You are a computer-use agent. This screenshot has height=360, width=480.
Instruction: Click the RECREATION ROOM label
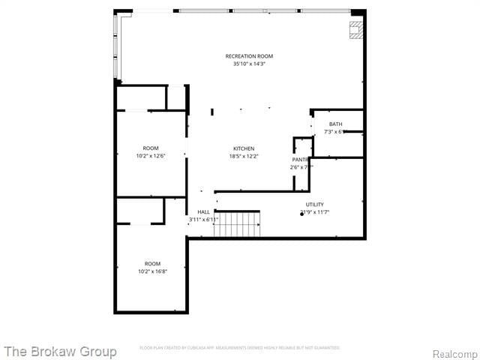pos(249,56)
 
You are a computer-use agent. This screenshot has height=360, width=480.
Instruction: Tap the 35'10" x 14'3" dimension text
pos(249,64)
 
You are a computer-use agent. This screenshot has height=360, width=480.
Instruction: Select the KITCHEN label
pos(243,148)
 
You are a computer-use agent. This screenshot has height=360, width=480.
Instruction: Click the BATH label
pos(335,124)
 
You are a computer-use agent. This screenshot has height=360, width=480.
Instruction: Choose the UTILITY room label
pos(314,204)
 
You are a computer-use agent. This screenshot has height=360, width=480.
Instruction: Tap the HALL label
pos(203,212)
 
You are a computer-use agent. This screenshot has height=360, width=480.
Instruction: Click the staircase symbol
pos(237,223)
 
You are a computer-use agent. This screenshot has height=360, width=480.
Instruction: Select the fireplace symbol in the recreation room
pos(356,29)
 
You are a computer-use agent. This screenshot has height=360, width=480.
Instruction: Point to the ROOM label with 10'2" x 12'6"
pos(151,148)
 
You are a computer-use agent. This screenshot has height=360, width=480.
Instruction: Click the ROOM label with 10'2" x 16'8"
pos(152,263)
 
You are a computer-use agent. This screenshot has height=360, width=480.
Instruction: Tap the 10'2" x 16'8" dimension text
pos(152,271)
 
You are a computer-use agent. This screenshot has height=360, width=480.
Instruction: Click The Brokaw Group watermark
pos(60,351)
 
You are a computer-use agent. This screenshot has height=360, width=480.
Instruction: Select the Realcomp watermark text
pos(454,353)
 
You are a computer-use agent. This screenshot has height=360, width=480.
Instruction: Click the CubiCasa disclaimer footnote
pos(239,348)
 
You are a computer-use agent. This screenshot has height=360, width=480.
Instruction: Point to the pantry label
pos(300,160)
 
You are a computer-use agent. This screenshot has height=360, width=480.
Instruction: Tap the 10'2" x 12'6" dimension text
pos(151,156)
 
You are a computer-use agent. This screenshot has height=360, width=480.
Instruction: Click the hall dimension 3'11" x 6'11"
pos(202,220)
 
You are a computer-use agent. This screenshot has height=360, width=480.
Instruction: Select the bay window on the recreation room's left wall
pos(116,46)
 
